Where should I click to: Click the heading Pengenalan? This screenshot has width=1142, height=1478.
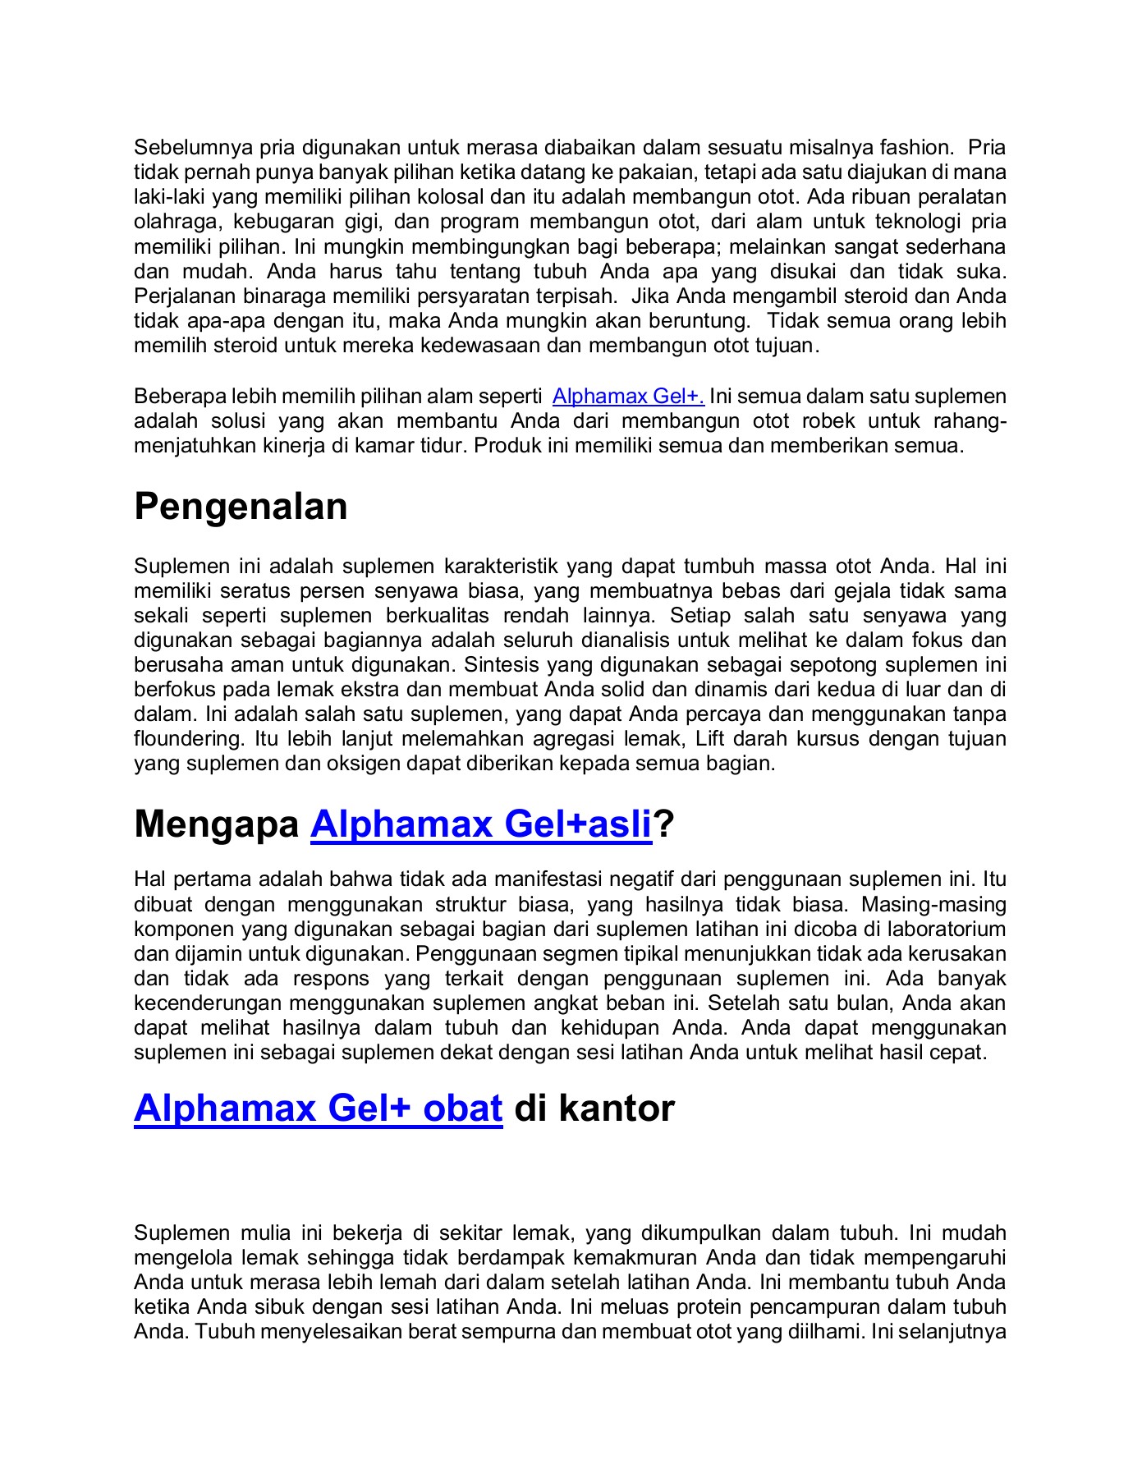[x=241, y=507]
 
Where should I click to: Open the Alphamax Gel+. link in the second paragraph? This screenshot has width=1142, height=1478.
[x=628, y=397]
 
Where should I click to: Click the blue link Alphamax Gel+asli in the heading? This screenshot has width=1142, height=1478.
[x=480, y=824]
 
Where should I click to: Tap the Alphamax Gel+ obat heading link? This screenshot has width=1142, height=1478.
[x=318, y=1108]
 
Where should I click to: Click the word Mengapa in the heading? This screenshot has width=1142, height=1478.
[x=216, y=824]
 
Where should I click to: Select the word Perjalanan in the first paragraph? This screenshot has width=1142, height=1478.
[x=183, y=296]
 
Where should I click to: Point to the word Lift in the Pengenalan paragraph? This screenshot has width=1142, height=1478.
[x=710, y=738]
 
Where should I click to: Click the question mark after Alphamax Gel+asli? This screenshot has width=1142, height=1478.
[x=664, y=824]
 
